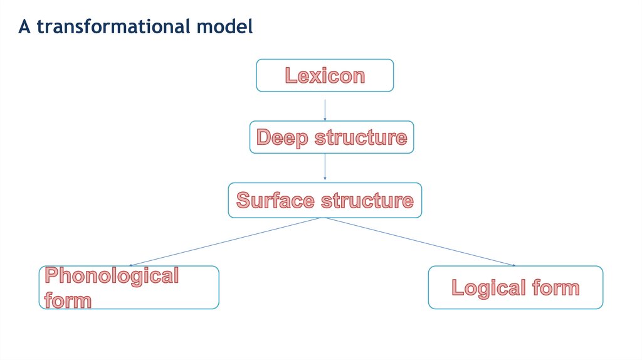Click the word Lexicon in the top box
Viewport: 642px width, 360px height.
325,75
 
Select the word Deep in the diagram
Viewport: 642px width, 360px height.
282,137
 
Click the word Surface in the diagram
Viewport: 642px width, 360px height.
275,201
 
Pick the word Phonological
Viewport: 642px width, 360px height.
112,276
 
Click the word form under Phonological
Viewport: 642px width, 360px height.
68,300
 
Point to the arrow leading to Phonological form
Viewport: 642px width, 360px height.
226,242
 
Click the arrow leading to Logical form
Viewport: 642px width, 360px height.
420,242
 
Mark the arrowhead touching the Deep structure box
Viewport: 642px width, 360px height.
325,119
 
